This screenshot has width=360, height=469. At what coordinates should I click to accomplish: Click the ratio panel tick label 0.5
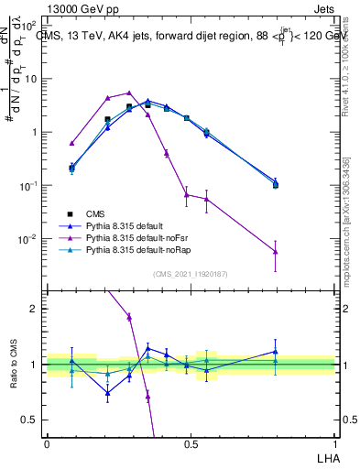[x=33, y=420]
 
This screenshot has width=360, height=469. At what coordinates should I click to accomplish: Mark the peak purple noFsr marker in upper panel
[x=129, y=93]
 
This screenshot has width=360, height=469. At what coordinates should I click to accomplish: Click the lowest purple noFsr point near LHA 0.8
[x=275, y=252]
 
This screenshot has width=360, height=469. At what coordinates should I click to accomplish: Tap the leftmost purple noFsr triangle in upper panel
[x=71, y=143]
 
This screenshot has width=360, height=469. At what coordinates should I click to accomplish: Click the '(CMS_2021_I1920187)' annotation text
[x=190, y=274]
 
